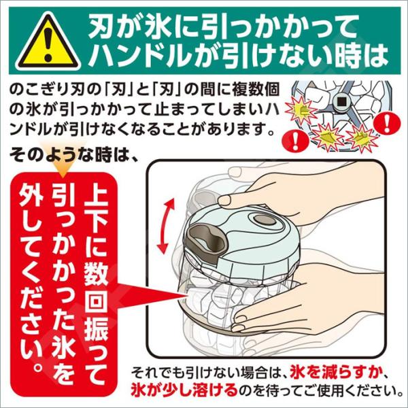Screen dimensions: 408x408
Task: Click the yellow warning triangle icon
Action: coord(48,42)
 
